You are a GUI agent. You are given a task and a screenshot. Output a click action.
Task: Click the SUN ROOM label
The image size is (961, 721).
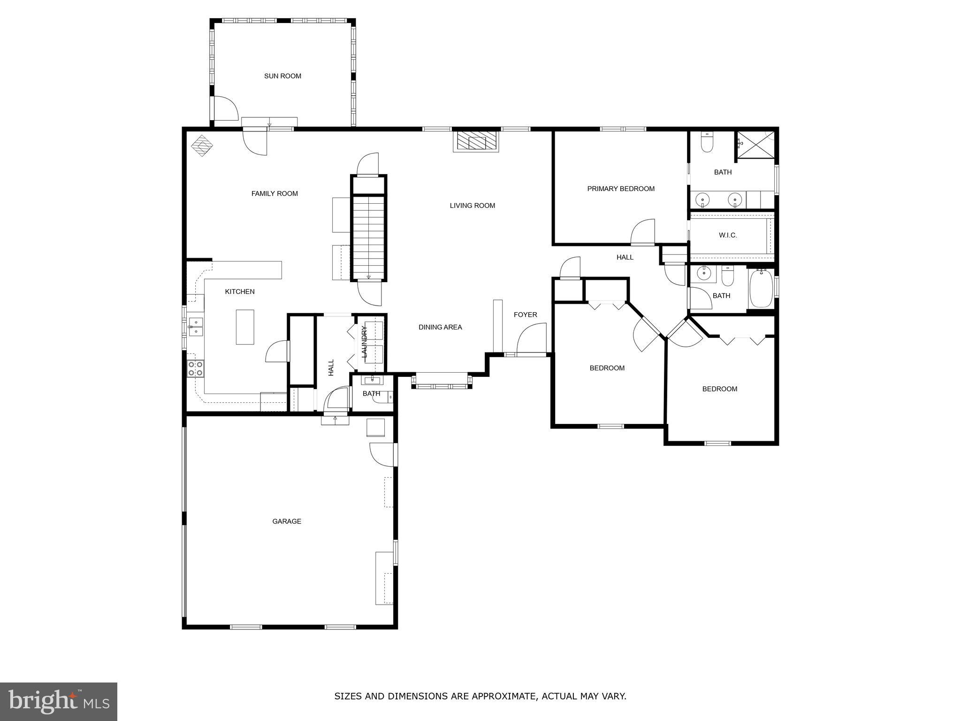[x=282, y=76]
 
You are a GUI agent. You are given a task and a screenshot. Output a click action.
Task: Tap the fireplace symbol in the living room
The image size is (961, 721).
[x=476, y=140]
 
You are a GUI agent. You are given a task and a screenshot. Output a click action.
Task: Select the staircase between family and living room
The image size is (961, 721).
[x=369, y=237]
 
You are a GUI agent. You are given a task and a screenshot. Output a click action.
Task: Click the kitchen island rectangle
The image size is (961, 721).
[x=245, y=327]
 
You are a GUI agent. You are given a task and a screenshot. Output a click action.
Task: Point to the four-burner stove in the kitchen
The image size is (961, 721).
[x=196, y=368]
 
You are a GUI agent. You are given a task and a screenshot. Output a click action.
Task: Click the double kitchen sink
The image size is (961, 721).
[x=196, y=327]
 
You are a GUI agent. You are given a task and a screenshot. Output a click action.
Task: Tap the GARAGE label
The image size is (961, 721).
[x=287, y=521]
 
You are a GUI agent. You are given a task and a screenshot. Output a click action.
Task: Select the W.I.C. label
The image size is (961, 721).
[x=728, y=235]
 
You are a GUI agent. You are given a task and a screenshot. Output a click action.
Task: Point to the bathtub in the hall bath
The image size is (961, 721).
[x=761, y=288]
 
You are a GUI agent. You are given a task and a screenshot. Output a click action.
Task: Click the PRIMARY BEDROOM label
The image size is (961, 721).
[x=621, y=189]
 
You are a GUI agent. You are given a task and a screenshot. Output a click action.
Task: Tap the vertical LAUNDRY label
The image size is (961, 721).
[x=365, y=342]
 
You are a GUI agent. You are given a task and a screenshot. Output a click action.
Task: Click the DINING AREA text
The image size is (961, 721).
[x=440, y=327]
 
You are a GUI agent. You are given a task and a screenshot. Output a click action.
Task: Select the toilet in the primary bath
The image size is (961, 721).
[x=707, y=142]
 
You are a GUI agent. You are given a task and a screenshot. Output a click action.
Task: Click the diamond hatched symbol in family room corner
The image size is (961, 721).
[x=202, y=146]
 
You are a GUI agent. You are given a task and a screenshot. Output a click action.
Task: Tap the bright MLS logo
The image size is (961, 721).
[x=59, y=701]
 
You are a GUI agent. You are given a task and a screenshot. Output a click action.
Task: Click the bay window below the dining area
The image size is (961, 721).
[x=442, y=381]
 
